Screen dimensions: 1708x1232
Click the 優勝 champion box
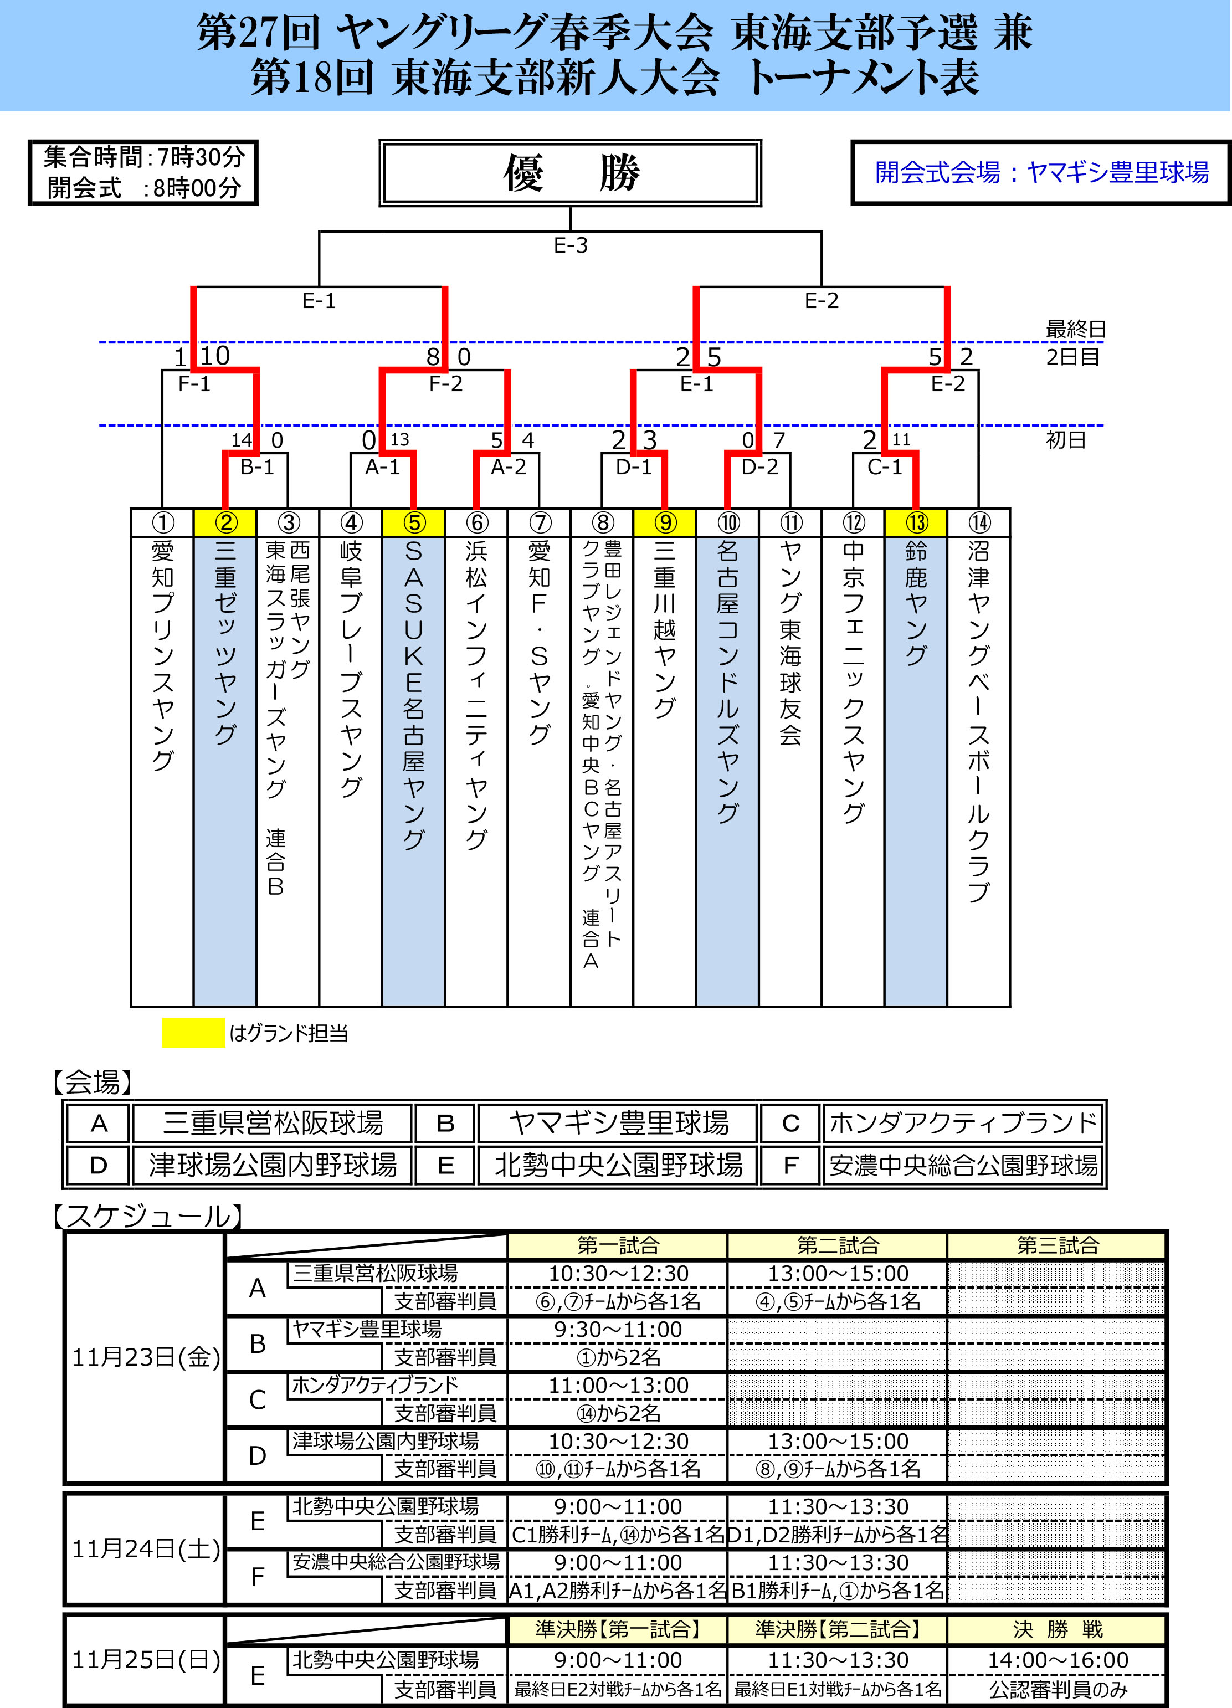pyautogui.click(x=570, y=172)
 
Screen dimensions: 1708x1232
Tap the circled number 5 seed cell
pyautogui.click(x=413, y=522)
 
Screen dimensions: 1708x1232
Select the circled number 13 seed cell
pyautogui.click(x=916, y=522)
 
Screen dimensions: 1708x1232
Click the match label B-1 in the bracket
pyautogui.click(x=257, y=468)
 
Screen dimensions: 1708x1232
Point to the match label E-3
pyautogui.click(x=570, y=245)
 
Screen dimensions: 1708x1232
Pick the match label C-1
pyautogui.click(x=884, y=468)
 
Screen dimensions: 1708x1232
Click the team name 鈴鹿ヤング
pyautogui.click(x=916, y=602)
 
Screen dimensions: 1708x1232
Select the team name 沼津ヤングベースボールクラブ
pyautogui.click(x=978, y=719)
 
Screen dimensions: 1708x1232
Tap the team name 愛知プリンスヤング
pyautogui.click(x=163, y=655)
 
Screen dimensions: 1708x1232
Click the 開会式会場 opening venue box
pyautogui.click(x=1041, y=172)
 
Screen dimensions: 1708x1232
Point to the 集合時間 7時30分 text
pyautogui.click(x=143, y=157)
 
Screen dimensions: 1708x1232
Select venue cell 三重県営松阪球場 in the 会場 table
pyautogui.click(x=273, y=1123)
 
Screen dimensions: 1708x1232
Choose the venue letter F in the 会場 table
pyautogui.click(x=790, y=1165)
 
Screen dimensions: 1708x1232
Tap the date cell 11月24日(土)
pyautogui.click(x=145, y=1549)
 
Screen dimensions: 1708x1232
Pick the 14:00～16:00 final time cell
pyautogui.click(x=1058, y=1660)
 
